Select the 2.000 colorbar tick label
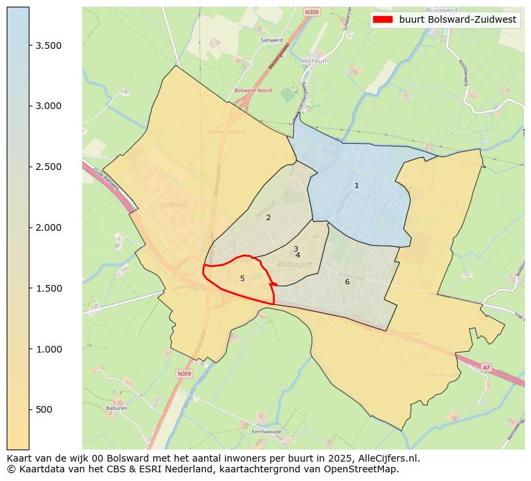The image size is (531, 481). click(x=49, y=227)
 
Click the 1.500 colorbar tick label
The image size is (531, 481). click(x=49, y=288)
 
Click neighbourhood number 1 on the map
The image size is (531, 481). click(x=356, y=185)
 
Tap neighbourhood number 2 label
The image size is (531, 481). click(x=268, y=217)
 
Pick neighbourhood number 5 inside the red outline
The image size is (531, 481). click(x=242, y=278)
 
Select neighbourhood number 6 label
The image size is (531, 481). click(x=347, y=282)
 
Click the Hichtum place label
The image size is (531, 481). click(x=315, y=61)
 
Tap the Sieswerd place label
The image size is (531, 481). click(x=272, y=40)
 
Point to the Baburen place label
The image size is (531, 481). click(x=116, y=407)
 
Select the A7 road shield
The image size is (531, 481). click(x=486, y=367)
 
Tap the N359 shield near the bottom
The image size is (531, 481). click(x=185, y=373)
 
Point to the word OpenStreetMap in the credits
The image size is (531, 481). click(x=366, y=469)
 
